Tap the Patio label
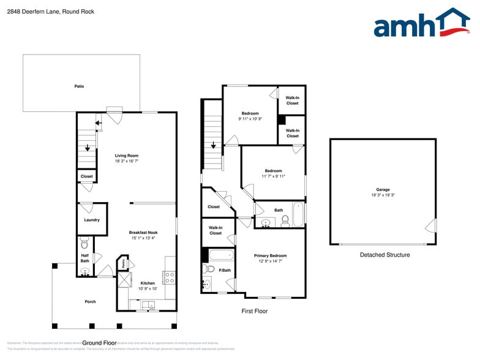(79, 86)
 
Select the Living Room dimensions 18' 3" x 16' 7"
(127, 161)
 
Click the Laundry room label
(92, 220)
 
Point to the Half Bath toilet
(85, 242)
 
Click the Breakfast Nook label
(144, 233)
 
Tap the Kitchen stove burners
(170, 276)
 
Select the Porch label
(90, 301)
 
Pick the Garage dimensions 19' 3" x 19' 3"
(383, 195)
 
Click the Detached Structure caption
(384, 255)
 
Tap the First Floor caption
(254, 311)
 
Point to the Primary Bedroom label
(270, 255)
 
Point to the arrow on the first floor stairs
(213, 146)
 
